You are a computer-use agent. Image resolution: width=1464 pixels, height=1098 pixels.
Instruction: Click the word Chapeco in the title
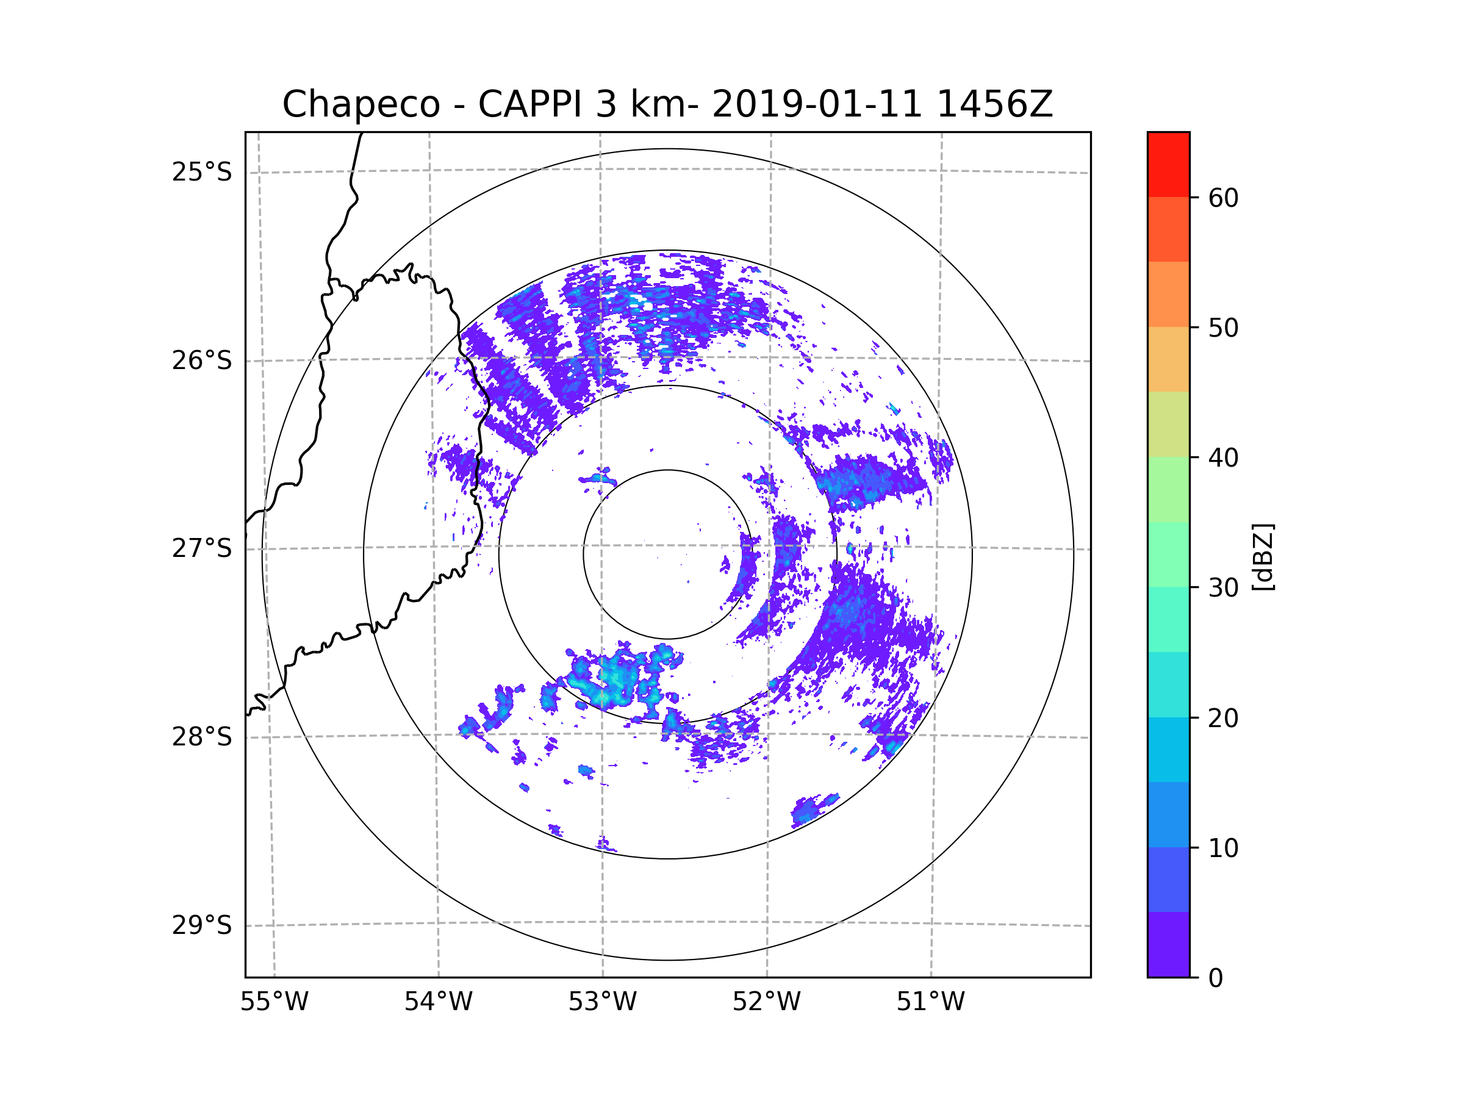361,104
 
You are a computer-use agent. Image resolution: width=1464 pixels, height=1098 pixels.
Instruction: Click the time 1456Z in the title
994,104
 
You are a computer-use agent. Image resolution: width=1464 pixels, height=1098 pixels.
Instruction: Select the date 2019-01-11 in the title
817,104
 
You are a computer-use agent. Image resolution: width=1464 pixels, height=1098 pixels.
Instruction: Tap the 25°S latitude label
202,172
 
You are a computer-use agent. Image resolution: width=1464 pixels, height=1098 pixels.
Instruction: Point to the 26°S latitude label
202,361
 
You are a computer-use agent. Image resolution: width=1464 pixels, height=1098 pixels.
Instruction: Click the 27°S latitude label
202,548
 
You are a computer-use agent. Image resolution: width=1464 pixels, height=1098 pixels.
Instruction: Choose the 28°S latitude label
202,737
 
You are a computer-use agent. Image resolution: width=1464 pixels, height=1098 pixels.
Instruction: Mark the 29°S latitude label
202,925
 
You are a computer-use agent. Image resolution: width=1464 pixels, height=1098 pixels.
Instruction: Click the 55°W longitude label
274,1002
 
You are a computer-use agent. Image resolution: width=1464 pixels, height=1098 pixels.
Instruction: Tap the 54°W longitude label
438,1002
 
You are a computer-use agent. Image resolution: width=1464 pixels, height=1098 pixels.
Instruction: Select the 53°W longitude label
602,1002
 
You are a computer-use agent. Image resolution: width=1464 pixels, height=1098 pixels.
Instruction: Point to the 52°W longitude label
766,1002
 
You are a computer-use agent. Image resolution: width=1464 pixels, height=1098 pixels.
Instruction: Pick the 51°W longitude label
930,1002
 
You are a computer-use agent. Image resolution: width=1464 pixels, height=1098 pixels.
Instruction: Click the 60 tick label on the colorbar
1223,198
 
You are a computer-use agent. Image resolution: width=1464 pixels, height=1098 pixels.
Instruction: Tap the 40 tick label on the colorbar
1223,458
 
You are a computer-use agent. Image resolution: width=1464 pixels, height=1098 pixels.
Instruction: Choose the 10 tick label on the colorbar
1223,849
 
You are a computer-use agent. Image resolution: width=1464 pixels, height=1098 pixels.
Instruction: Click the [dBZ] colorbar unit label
1263,556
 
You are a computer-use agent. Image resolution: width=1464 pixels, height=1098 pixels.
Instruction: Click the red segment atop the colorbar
1168,164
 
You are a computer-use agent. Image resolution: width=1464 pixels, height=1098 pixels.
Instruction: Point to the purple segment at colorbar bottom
1168,944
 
